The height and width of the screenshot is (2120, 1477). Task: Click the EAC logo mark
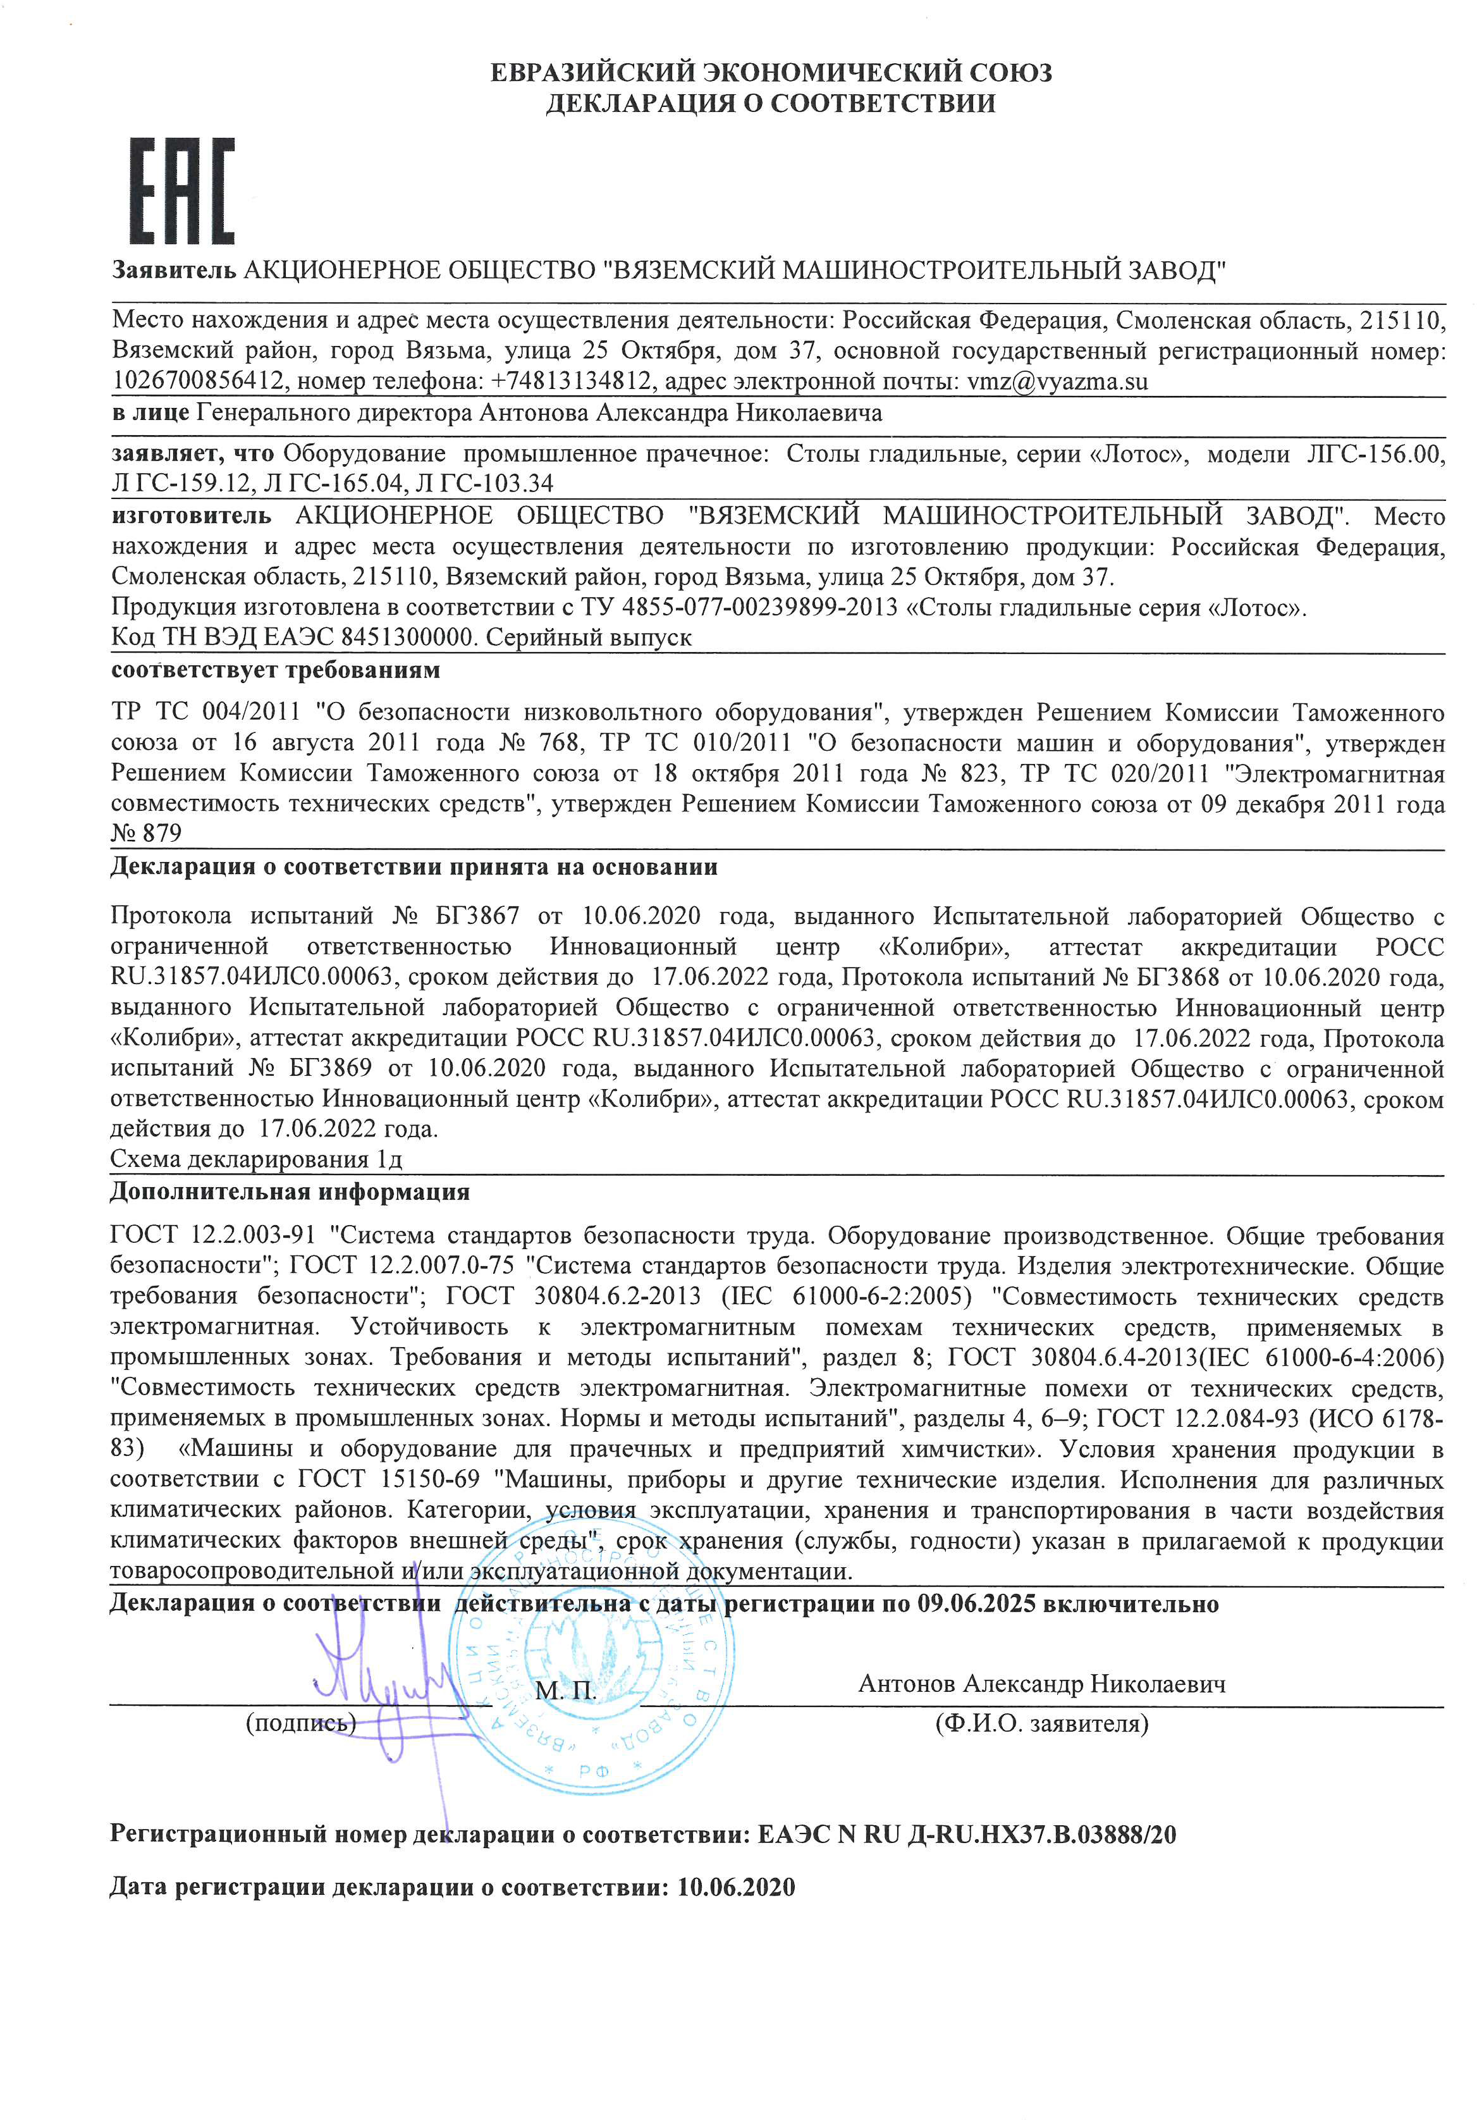[x=182, y=190]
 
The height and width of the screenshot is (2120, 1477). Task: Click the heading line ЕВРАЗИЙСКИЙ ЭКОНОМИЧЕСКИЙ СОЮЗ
[x=770, y=72]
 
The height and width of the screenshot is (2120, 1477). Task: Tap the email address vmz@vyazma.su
[x=1057, y=381]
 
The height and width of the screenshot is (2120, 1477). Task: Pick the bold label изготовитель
[x=191, y=515]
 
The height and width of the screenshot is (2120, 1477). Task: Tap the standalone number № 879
[x=146, y=833]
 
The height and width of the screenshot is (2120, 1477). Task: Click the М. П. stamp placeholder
[x=565, y=1690]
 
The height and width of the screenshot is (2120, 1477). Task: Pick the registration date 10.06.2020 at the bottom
[x=736, y=1887]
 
